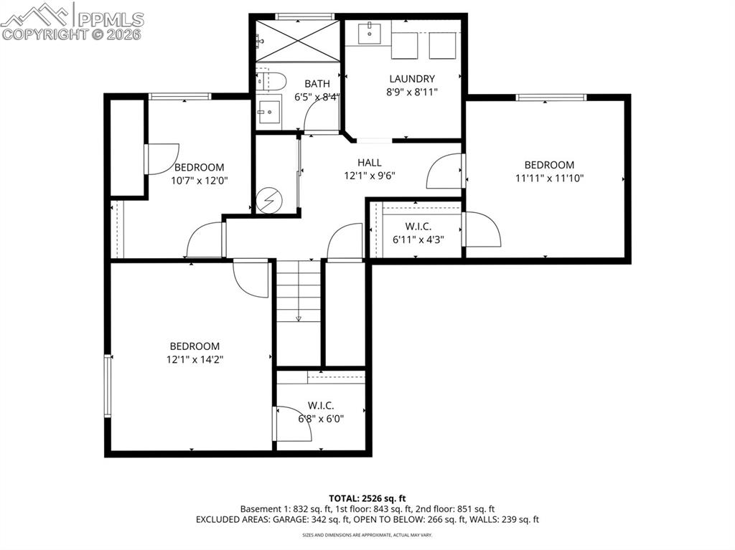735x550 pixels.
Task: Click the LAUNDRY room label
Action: [x=412, y=79]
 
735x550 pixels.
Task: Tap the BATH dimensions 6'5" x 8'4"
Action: [x=317, y=97]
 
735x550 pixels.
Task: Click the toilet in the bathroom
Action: [x=272, y=80]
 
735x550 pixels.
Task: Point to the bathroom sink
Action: [x=271, y=112]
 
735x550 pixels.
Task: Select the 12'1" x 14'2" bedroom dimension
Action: [x=195, y=359]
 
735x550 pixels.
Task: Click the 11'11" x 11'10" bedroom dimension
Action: [x=549, y=178]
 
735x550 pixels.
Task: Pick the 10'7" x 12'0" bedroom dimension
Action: [x=199, y=181]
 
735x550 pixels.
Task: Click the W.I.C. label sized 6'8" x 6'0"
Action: [x=321, y=419]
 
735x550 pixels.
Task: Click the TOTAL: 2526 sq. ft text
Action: [x=367, y=498]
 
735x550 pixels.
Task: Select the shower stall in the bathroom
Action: [x=297, y=40]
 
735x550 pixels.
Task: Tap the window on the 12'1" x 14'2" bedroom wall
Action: [x=108, y=385]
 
